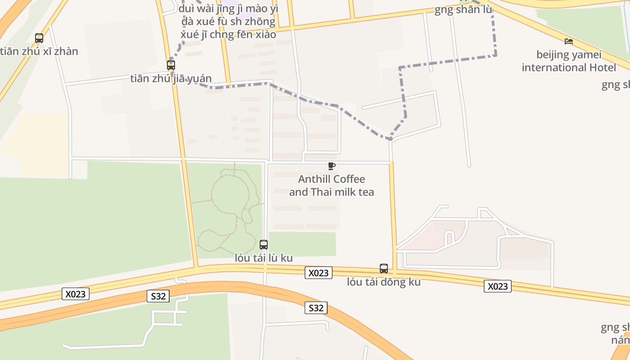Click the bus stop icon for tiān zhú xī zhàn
[39, 38]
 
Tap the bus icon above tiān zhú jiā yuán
[171, 65]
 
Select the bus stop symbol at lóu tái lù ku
[264, 245]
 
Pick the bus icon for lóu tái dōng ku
[384, 269]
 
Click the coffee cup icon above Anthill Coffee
[332, 166]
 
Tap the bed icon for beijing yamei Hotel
[569, 41]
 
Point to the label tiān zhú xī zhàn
[39, 51]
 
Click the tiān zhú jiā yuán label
[171, 79]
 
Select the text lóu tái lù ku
[264, 258]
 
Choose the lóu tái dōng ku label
[384, 282]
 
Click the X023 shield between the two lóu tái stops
[319, 273]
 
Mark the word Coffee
[349, 179]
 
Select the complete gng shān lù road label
[463, 9]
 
